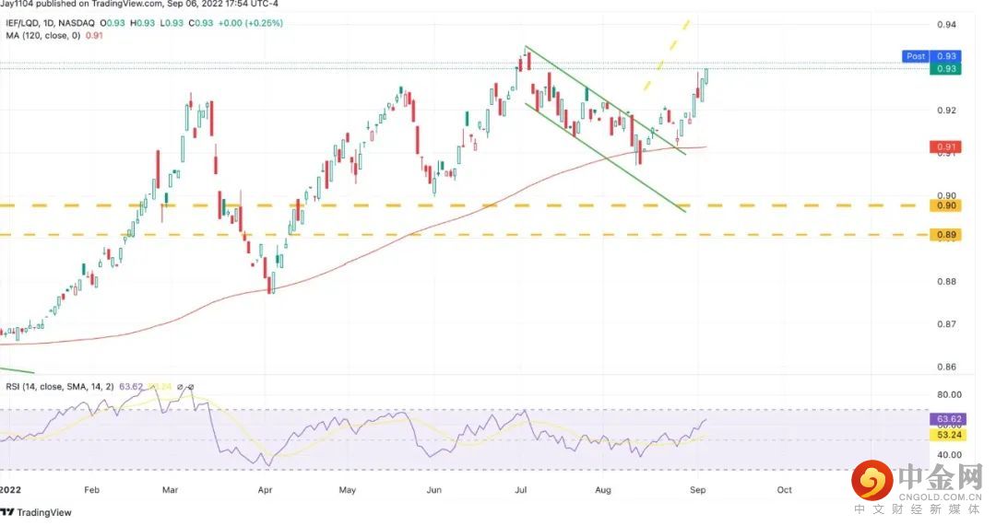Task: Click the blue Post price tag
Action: point(915,56)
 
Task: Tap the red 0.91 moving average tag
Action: point(947,146)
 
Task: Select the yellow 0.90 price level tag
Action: point(947,205)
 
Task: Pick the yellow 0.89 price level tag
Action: point(947,235)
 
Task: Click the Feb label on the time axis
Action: point(90,490)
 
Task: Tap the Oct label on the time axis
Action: point(784,490)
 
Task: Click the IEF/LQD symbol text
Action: point(25,22)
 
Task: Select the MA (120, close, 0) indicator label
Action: point(42,36)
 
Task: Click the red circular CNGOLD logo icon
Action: point(871,480)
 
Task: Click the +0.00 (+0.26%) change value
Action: point(252,22)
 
